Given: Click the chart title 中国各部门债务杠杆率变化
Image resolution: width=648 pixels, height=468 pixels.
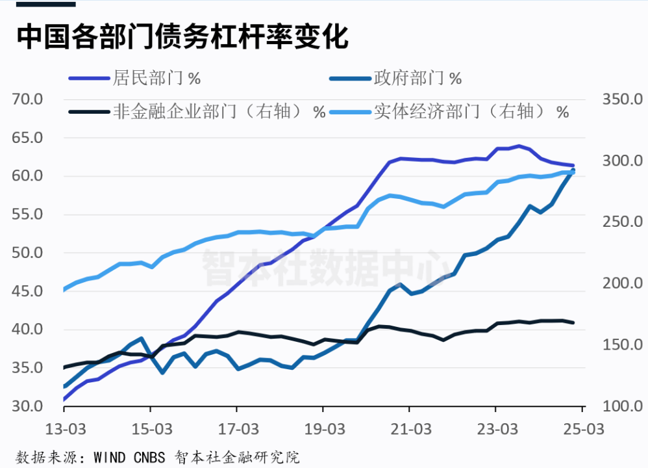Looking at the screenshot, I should tap(182, 37).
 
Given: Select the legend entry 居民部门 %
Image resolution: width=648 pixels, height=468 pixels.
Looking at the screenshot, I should tap(156, 79).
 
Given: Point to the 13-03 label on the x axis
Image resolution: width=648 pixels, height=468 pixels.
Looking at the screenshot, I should tap(64, 429).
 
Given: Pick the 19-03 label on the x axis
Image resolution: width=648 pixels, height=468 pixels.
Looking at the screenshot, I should tap(323, 429).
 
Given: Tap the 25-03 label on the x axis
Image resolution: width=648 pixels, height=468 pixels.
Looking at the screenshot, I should tap(583, 429).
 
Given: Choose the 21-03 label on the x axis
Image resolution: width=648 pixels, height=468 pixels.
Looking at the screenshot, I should tap(410, 429).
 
